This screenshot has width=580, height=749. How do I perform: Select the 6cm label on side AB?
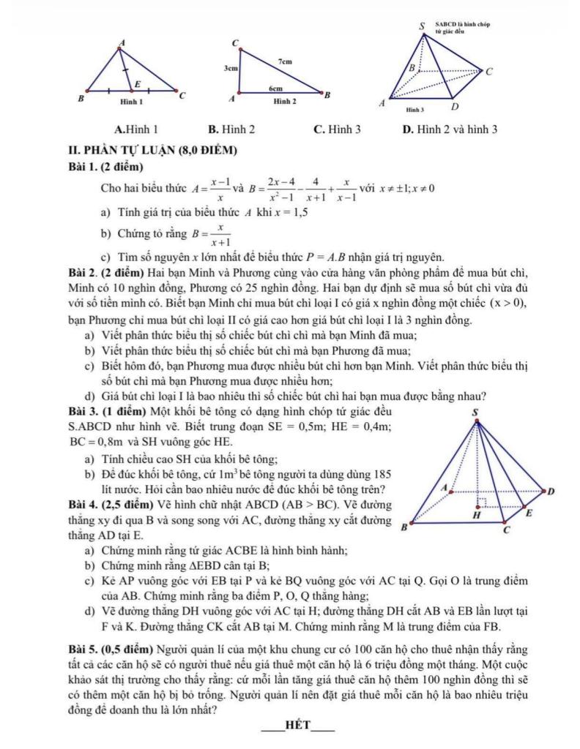pos(275,87)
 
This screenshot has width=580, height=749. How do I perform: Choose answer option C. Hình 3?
pos(336,129)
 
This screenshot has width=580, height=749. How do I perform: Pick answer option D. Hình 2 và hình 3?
pos(450,129)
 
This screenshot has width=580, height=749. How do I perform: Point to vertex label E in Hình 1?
pos(137,84)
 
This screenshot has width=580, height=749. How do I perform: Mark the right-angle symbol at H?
pos(482,503)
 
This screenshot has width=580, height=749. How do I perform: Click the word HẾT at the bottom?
pos(299,726)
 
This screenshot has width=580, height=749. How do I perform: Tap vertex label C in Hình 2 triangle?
pos(234,44)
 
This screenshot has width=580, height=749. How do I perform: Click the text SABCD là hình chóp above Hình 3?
pos(462,25)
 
